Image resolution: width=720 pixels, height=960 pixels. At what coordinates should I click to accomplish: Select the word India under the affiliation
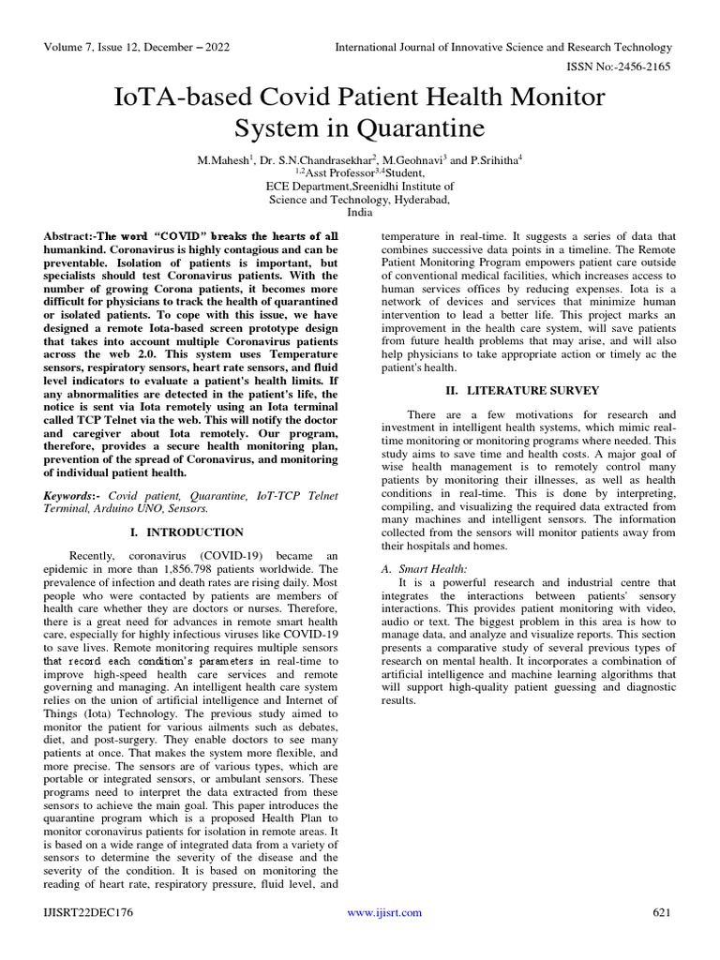[x=359, y=213]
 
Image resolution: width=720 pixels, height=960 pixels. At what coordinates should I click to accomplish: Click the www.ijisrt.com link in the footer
[x=384, y=912]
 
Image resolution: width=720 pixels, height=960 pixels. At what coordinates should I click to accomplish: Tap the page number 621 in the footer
[x=662, y=912]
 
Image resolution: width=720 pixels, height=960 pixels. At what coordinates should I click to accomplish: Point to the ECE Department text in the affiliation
[x=308, y=187]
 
